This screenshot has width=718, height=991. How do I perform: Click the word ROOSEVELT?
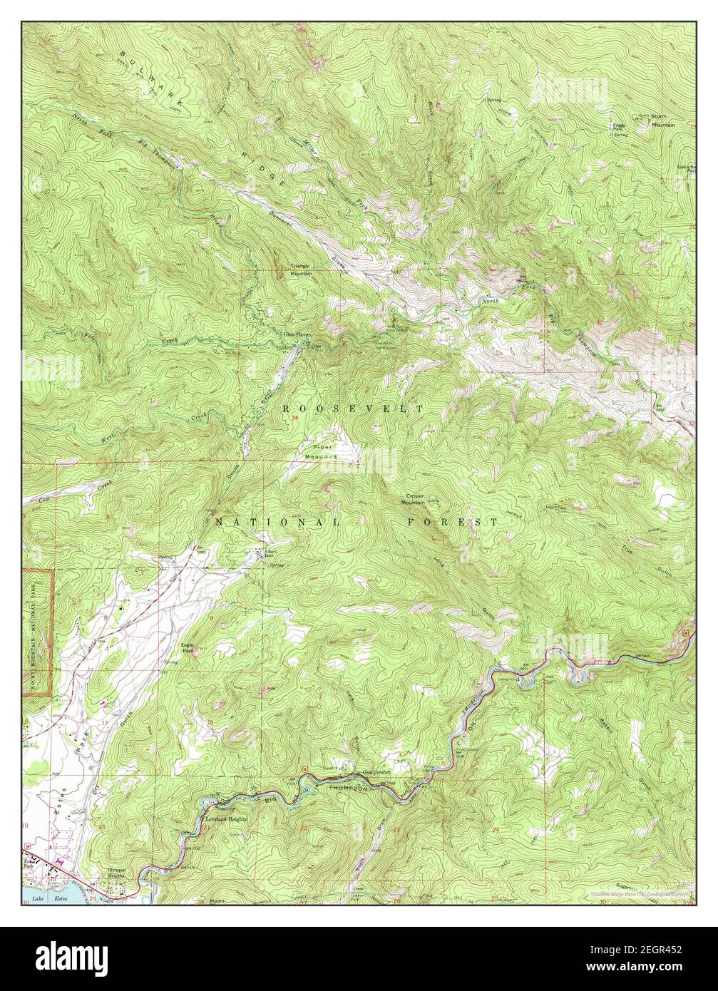point(353,409)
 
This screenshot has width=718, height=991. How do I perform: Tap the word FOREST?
point(453,523)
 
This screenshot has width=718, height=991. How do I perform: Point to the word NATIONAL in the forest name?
point(278,523)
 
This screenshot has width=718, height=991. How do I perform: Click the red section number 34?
point(295,419)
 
